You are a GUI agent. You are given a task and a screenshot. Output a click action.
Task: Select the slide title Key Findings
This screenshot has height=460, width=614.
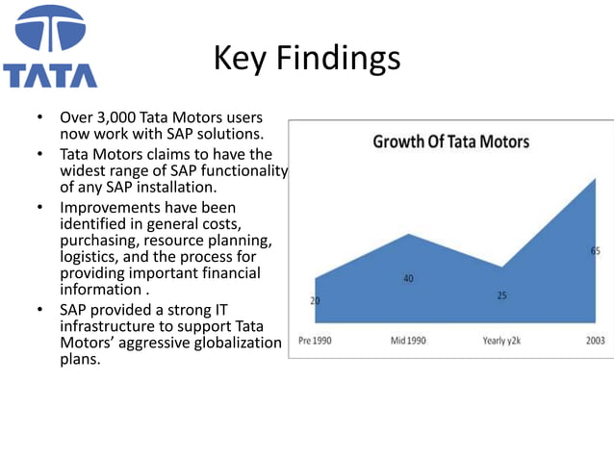[x=306, y=58]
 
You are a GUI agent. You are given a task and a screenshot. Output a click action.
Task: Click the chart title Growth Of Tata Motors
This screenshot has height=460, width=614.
[x=450, y=142]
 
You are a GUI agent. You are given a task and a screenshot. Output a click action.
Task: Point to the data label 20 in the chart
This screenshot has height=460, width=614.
[x=315, y=300]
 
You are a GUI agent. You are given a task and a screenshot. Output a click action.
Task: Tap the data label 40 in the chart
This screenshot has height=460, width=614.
[x=408, y=279]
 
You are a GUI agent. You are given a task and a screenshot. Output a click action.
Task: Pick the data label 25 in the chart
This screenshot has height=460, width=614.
[x=501, y=295]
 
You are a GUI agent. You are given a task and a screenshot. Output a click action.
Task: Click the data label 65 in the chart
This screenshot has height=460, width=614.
[x=596, y=250]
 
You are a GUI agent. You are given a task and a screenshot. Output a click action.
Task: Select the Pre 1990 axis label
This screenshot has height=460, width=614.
[x=315, y=340]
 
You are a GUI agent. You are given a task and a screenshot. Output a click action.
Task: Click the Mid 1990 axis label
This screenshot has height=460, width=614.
[x=408, y=340]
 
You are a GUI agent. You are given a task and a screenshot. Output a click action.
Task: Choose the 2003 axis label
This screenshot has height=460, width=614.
[x=596, y=340]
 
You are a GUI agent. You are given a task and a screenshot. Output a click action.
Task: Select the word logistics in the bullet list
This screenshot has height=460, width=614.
[x=89, y=256]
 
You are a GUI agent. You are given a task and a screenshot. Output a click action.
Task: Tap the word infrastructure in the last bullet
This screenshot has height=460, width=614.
[x=107, y=326]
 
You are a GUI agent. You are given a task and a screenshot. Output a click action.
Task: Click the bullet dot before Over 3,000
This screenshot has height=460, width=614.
[x=38, y=118]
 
